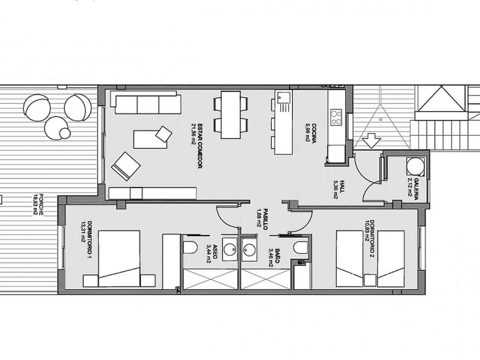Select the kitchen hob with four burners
pyautogui.click(x=336, y=117)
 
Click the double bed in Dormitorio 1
pyautogui.click(x=119, y=259)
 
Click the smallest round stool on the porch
pyautogui.click(x=65, y=133)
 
